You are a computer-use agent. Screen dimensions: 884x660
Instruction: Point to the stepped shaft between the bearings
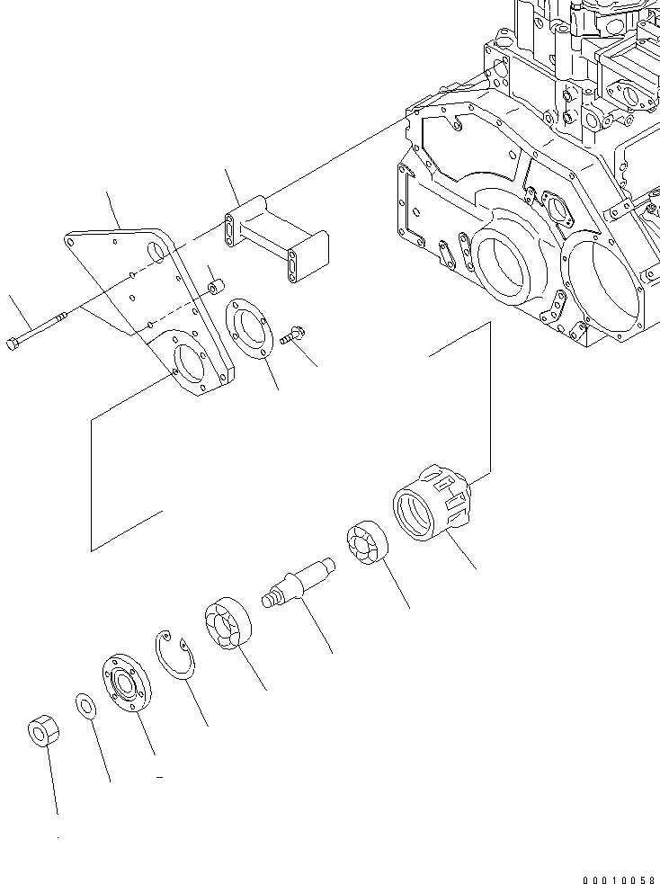(297, 583)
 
